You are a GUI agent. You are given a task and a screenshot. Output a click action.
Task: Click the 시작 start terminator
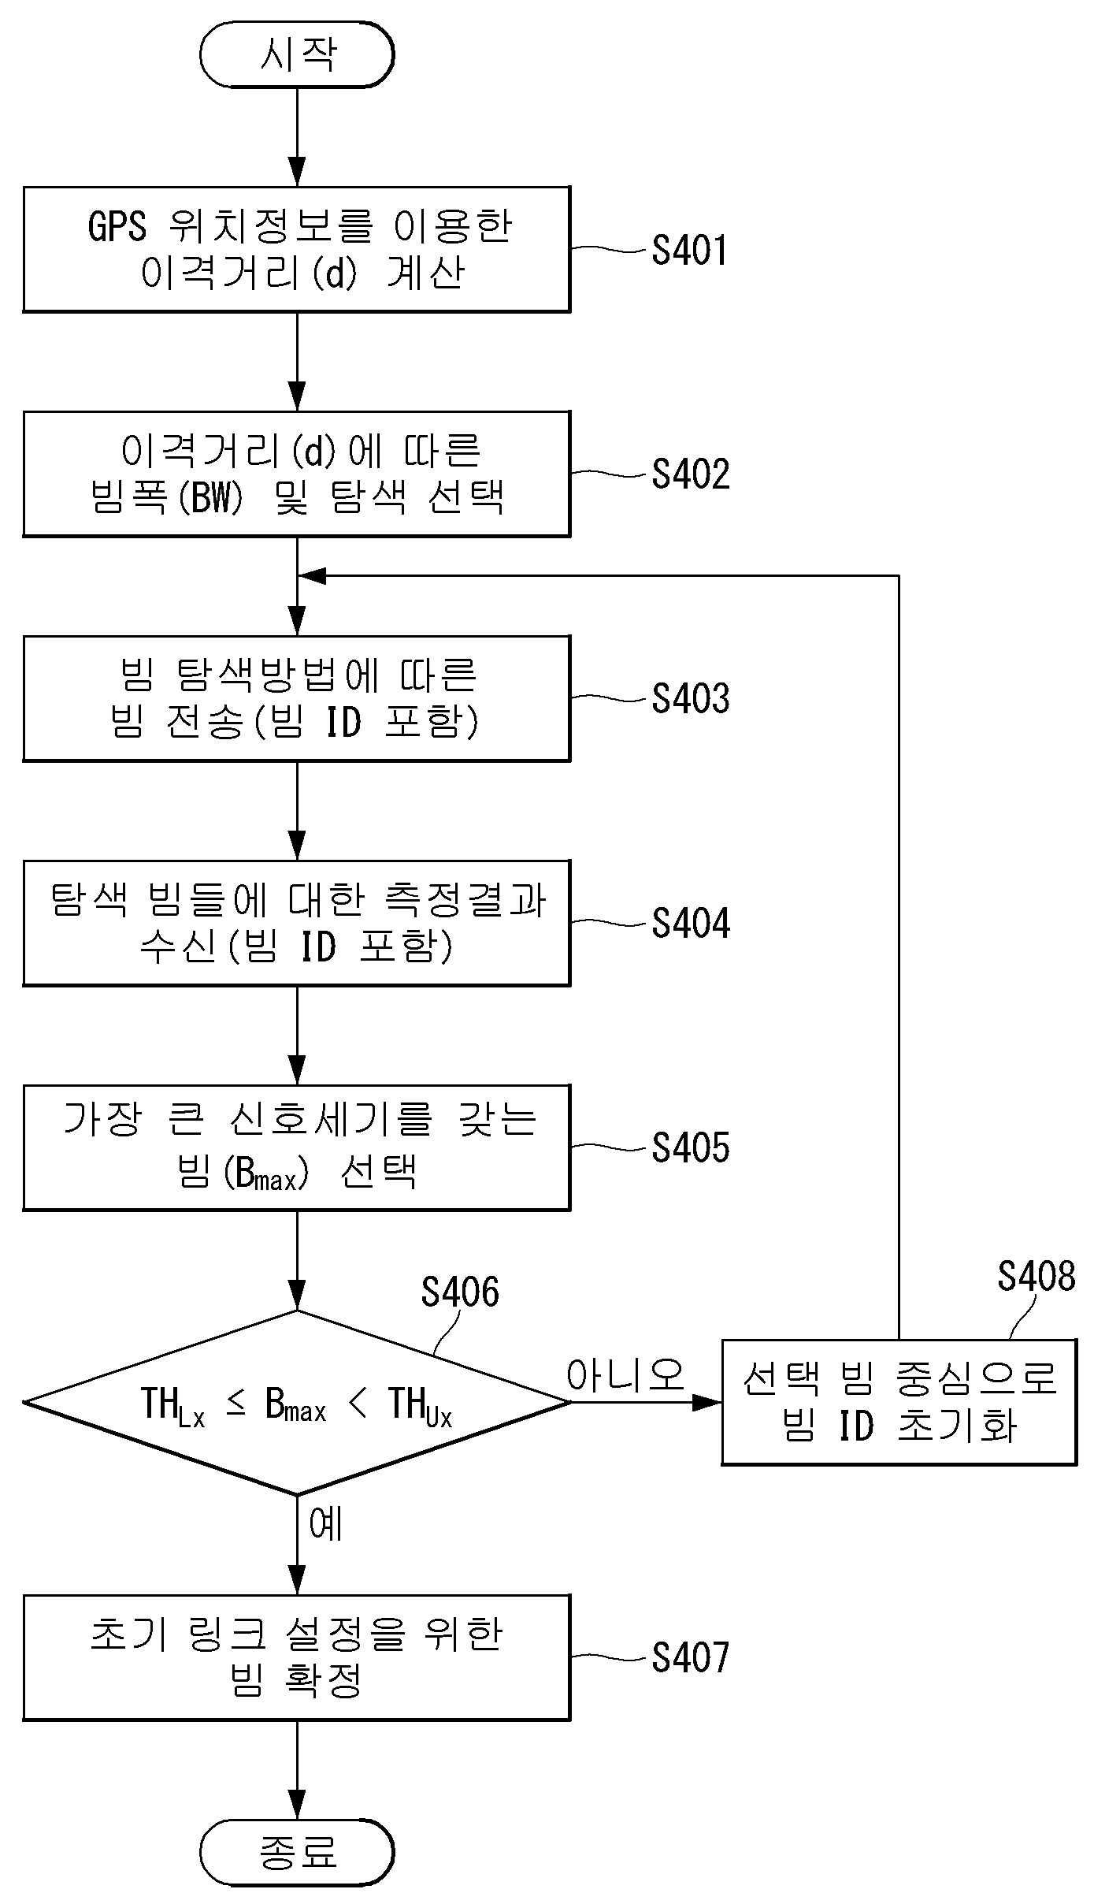pyautogui.click(x=296, y=55)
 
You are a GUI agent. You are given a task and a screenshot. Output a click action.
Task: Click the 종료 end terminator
pyautogui.click(x=296, y=1852)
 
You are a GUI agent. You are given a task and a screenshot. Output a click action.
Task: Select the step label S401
pyautogui.click(x=689, y=251)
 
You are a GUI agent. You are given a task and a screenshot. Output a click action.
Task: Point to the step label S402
pyautogui.click(x=690, y=474)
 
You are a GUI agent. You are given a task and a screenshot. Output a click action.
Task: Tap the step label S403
pyautogui.click(x=690, y=699)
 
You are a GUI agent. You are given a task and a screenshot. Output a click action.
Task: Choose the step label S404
pyautogui.click(x=690, y=923)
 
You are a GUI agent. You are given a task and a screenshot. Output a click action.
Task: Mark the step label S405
pyautogui.click(x=690, y=1147)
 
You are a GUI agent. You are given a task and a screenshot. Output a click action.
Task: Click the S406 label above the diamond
pyautogui.click(x=459, y=1292)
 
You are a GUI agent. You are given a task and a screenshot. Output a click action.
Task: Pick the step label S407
pyautogui.click(x=690, y=1657)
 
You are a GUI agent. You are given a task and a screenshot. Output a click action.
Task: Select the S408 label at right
pyautogui.click(x=1036, y=1276)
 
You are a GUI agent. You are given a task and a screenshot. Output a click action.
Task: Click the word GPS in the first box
pyautogui.click(x=117, y=227)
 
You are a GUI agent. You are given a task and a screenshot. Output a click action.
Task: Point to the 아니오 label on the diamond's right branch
pyautogui.click(x=625, y=1375)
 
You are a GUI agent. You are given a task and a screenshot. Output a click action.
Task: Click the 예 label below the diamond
pyautogui.click(x=325, y=1524)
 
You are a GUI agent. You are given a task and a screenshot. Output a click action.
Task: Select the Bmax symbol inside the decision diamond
pyautogui.click(x=295, y=1404)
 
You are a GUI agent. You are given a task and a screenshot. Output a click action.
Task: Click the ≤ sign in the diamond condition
pyautogui.click(x=235, y=1403)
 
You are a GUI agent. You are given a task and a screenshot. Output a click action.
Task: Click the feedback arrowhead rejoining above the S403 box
pyautogui.click(x=312, y=576)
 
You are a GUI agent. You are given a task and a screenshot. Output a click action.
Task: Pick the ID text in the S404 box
pyautogui.click(x=319, y=946)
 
